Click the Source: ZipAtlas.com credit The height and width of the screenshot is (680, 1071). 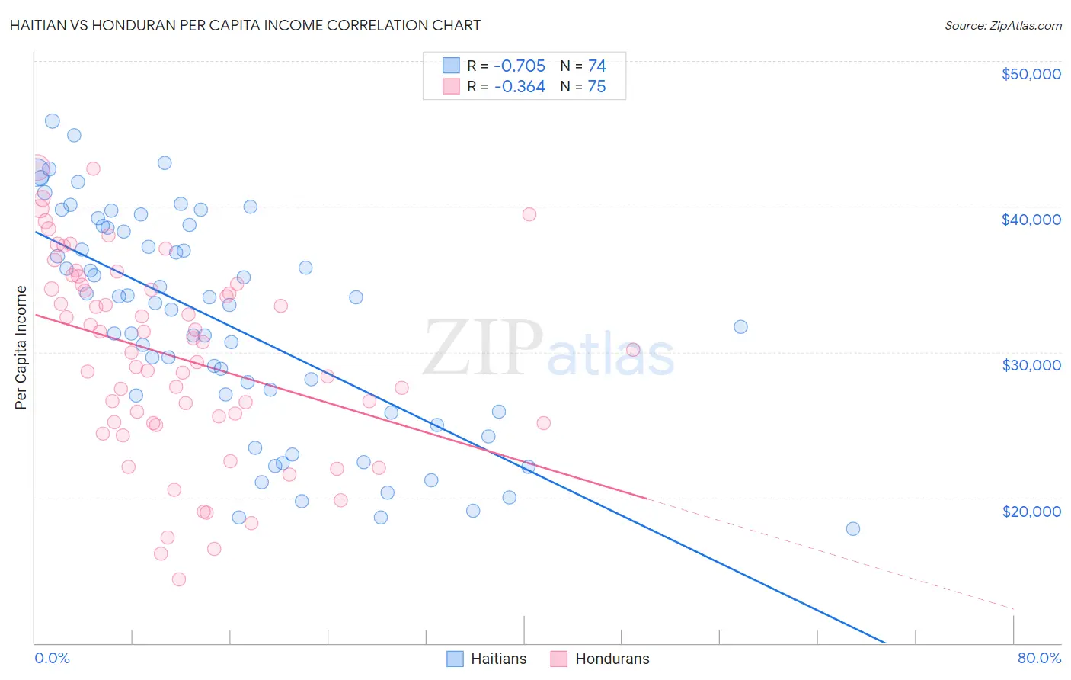(1002, 25)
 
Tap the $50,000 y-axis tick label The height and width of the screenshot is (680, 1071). (1031, 74)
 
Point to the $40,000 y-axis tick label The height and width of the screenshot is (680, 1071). (1031, 220)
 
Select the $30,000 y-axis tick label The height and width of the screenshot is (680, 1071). (1031, 365)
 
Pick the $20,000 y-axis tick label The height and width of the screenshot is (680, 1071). (1031, 512)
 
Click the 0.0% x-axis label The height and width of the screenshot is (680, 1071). (52, 658)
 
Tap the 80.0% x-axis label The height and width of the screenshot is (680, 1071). (1039, 658)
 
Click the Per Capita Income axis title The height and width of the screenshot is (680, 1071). (21, 348)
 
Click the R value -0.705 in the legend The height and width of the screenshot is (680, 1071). (520, 66)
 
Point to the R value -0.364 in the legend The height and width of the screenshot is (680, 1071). (520, 87)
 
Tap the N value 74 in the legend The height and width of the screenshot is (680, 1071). (596, 66)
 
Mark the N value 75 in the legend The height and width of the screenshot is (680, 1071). (596, 87)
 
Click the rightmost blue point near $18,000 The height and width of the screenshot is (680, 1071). (852, 529)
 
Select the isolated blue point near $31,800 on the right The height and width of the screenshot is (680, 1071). (740, 327)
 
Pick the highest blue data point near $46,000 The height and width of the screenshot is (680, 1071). (53, 121)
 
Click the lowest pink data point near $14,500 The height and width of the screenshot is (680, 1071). (179, 579)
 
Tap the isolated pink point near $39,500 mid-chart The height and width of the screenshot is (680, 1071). (529, 214)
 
